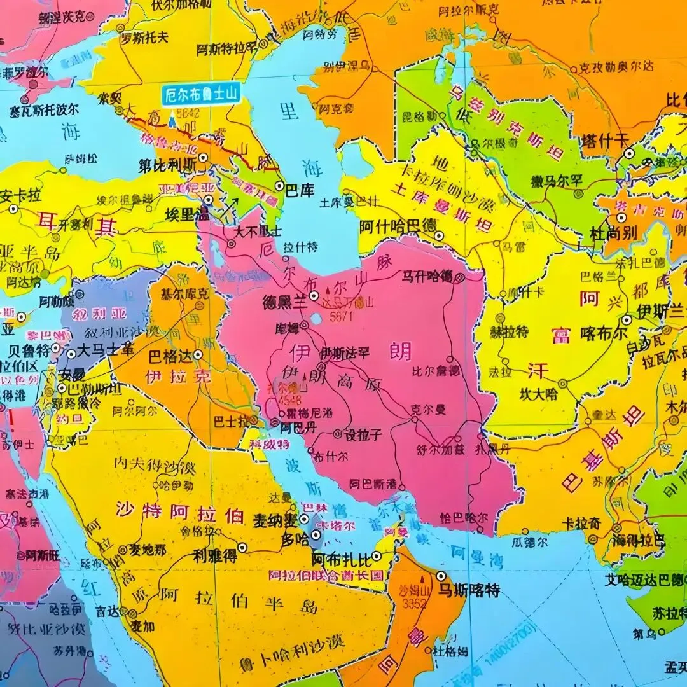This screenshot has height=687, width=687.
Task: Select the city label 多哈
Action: [295, 540]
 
